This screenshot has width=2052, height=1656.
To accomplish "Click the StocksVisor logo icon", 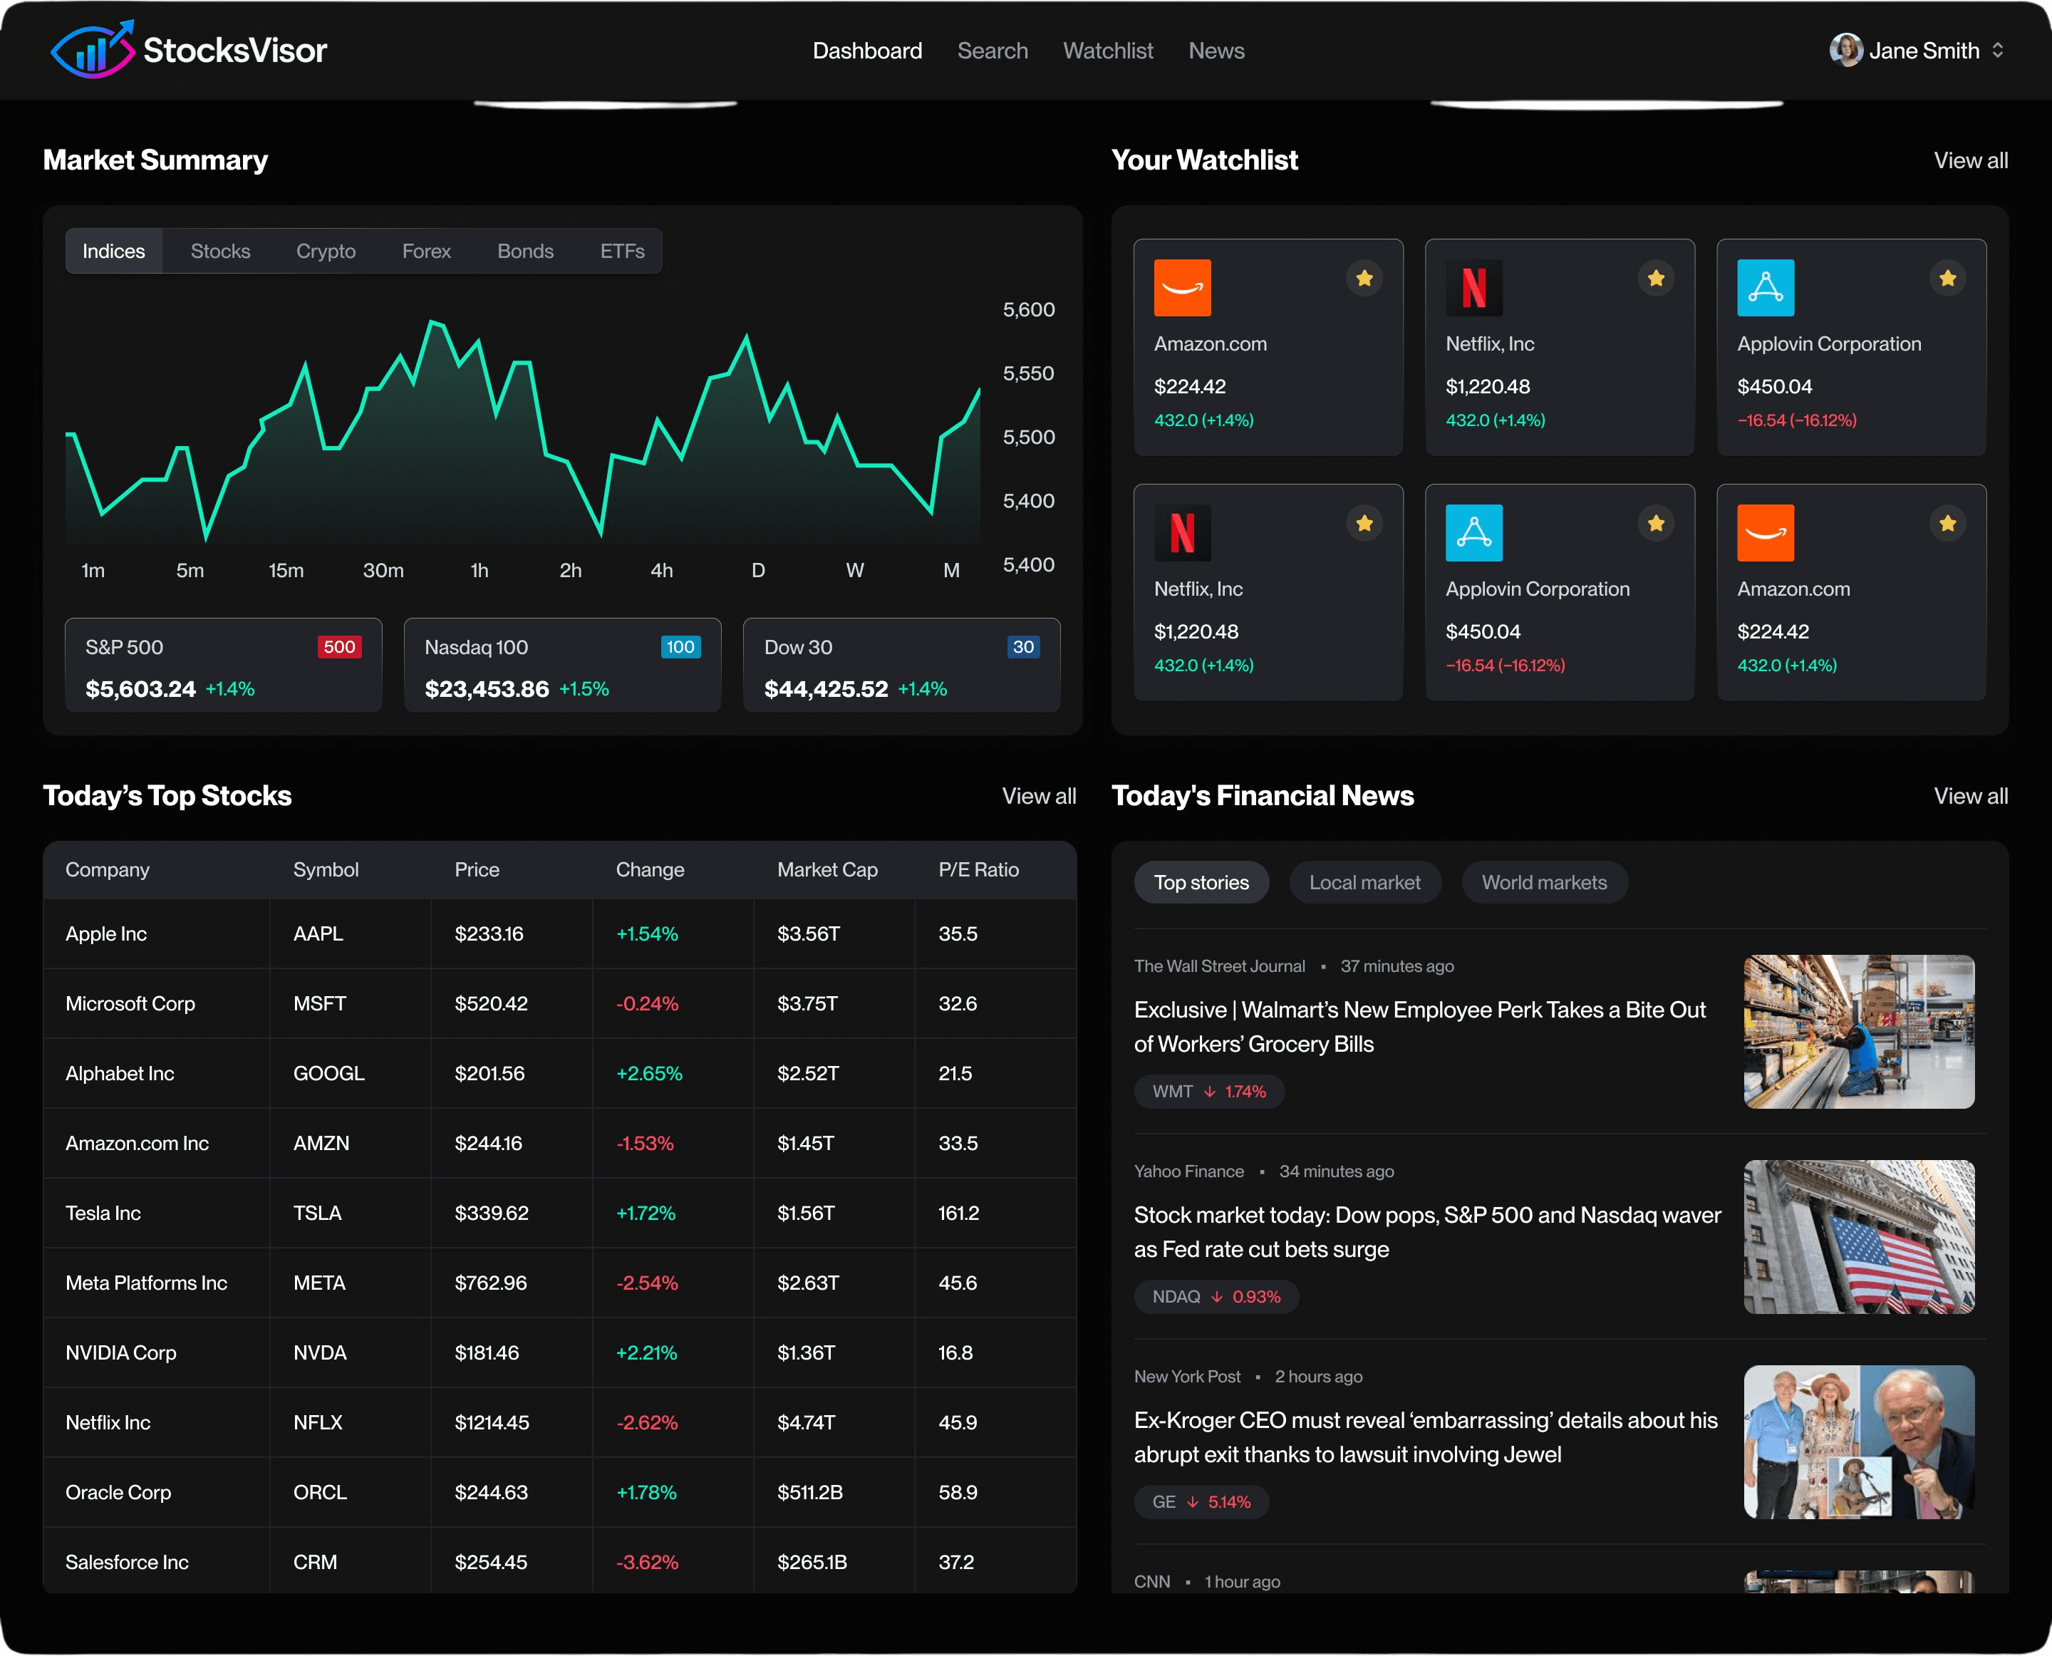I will [x=93, y=50].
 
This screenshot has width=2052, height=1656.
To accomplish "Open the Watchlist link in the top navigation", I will [x=1107, y=51].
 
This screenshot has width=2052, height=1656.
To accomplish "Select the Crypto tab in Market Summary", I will [x=326, y=251].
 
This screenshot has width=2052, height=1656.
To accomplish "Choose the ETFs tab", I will [x=622, y=251].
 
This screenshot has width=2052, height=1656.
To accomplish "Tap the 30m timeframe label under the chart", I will [x=383, y=571].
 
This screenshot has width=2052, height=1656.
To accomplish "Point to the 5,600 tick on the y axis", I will [x=1028, y=310].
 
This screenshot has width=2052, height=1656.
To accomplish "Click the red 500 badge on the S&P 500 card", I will [x=338, y=647].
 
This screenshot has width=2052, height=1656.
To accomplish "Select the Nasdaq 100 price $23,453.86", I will [x=487, y=689].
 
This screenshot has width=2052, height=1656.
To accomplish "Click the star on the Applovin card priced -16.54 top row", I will [x=1947, y=279].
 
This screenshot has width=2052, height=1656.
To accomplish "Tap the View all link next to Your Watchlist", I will [x=1970, y=160].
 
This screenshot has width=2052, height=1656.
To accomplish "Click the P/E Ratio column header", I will [x=978, y=870].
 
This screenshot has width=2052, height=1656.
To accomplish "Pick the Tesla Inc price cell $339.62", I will [x=492, y=1213].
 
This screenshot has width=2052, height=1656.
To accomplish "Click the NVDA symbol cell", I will [x=320, y=1352].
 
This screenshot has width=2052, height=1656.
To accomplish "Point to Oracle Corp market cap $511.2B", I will [x=810, y=1493].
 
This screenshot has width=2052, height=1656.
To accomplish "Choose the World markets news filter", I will [x=1543, y=882].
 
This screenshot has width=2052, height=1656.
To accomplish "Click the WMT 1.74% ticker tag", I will [x=1208, y=1091].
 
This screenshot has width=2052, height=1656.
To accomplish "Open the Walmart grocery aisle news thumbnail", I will [x=1858, y=1031].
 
